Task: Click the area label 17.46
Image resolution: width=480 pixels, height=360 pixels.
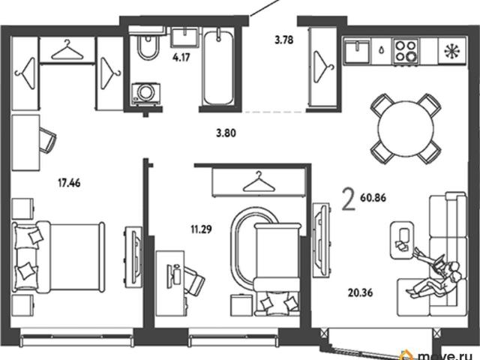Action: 69,183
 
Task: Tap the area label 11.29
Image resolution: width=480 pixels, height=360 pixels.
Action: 201,229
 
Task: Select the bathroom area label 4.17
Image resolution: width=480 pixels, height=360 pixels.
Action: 181,57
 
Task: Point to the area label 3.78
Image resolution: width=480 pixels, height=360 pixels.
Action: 284,40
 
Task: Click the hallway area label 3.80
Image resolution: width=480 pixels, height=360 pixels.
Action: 226,133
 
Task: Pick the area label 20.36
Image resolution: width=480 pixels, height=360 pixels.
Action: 360,292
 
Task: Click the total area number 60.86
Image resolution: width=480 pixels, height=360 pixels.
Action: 373,198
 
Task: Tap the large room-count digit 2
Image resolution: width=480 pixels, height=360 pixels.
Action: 349,199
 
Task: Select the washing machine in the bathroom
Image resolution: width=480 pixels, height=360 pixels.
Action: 145,93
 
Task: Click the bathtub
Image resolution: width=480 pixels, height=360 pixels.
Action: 218,68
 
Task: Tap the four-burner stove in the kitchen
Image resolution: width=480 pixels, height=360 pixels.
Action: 406,51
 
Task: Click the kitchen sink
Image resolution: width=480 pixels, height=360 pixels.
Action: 356,50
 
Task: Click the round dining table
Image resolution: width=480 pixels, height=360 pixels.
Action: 406,129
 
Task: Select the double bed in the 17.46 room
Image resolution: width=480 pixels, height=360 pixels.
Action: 58,257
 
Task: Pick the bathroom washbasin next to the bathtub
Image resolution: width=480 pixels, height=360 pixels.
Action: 185,37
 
